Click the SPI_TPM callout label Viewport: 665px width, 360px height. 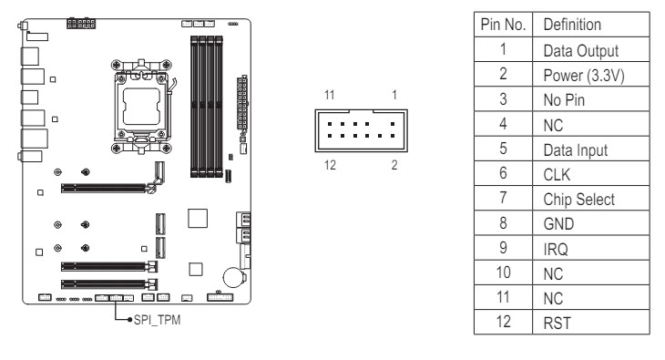pos(157,320)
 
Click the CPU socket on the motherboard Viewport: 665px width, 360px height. pos(141,107)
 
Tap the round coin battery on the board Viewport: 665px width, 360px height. pos(234,277)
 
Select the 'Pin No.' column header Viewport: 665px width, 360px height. pos(503,25)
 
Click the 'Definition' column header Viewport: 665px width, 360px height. pos(572,25)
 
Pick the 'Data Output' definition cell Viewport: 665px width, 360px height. pos(580,50)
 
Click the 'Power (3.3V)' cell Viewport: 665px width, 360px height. pos(584,76)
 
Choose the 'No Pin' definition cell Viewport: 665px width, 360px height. pos(564,100)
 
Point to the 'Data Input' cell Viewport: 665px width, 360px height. pos(575,149)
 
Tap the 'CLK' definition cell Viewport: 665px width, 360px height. pos(557,174)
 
